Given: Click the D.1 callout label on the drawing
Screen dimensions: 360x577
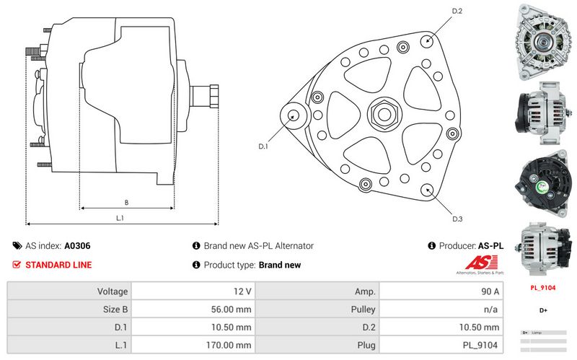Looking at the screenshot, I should (x=263, y=146).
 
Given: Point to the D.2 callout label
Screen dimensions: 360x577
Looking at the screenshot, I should (x=457, y=11).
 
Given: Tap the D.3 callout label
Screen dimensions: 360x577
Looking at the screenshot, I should (x=457, y=219).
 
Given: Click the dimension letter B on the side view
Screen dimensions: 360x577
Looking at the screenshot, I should (x=126, y=202).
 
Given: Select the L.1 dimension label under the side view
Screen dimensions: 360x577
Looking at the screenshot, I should (x=120, y=217).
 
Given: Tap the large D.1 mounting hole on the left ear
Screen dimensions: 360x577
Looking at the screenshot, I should (x=294, y=115).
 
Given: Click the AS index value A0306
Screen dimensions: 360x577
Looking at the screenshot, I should (x=77, y=246).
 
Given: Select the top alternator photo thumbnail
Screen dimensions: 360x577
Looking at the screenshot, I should (x=543, y=41).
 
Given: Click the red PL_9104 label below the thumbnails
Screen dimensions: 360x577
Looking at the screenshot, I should (x=542, y=288).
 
